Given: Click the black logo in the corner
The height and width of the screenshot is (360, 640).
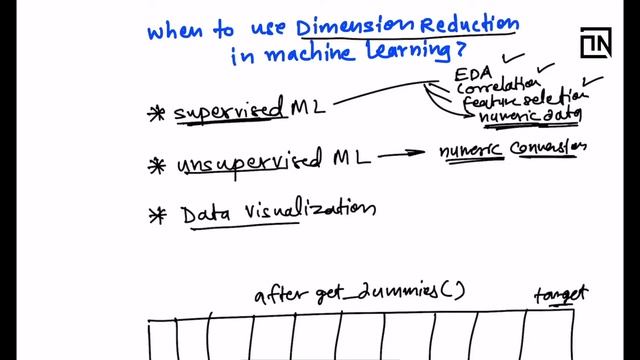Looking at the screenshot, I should click(596, 47).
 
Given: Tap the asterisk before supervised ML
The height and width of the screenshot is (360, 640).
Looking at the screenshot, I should click(156, 114).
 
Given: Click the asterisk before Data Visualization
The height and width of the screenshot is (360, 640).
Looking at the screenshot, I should click(156, 213).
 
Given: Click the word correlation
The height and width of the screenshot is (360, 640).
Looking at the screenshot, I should click(491, 88).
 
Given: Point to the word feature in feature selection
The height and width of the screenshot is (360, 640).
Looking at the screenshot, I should click(484, 104).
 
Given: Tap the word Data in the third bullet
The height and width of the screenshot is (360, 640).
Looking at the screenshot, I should click(201, 213).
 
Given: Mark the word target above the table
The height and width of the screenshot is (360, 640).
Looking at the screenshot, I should click(560, 294).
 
